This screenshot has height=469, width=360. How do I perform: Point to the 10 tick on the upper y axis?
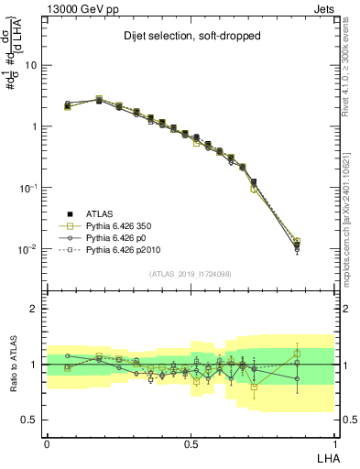(32, 65)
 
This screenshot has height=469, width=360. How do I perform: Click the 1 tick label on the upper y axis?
(35, 126)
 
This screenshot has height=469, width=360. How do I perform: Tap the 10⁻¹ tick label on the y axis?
(29, 187)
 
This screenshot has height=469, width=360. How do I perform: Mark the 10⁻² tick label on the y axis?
(29, 248)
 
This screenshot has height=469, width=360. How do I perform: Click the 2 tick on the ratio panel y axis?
(35, 309)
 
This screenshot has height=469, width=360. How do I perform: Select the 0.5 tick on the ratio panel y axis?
(30, 420)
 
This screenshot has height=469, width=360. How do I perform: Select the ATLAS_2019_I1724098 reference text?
(191, 274)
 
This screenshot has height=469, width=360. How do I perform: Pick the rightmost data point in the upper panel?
(322, 245)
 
